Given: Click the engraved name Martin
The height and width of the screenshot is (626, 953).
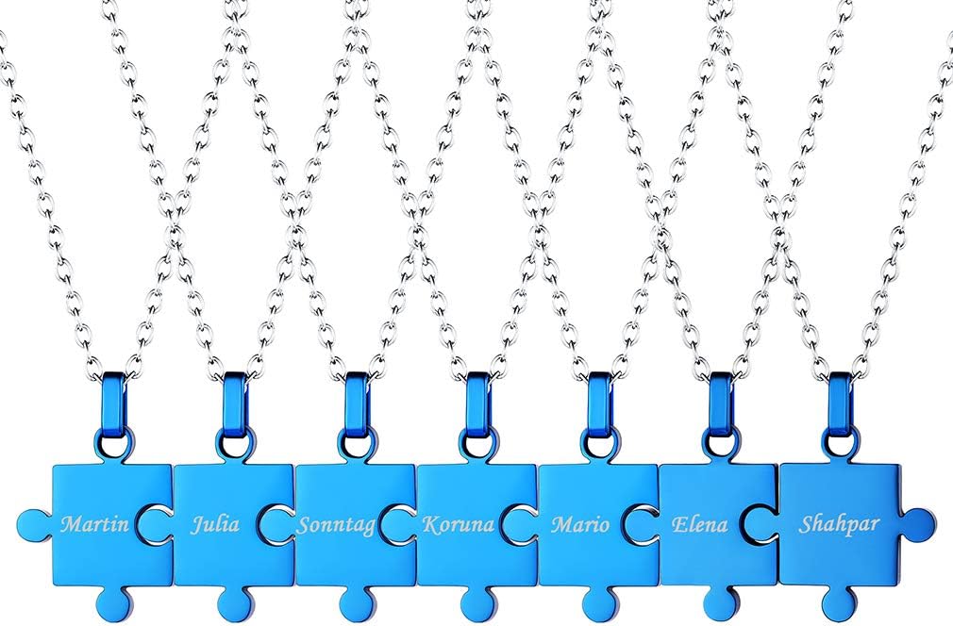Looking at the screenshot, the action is (x=94, y=524).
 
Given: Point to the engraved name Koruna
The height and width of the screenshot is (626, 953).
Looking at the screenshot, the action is (x=457, y=524).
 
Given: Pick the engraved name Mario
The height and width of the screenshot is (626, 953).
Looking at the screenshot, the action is (x=580, y=524).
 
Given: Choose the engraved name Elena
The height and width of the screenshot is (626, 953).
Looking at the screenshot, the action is (x=699, y=524).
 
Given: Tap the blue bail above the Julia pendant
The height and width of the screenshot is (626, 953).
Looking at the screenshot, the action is (x=234, y=400).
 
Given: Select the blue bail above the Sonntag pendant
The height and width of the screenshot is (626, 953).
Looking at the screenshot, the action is (x=356, y=400).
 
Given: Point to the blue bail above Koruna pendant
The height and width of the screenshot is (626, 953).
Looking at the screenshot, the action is (x=477, y=400).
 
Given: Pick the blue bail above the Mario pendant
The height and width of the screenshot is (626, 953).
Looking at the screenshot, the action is (x=599, y=400).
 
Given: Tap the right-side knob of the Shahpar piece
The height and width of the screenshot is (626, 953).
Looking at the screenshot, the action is (x=920, y=522).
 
